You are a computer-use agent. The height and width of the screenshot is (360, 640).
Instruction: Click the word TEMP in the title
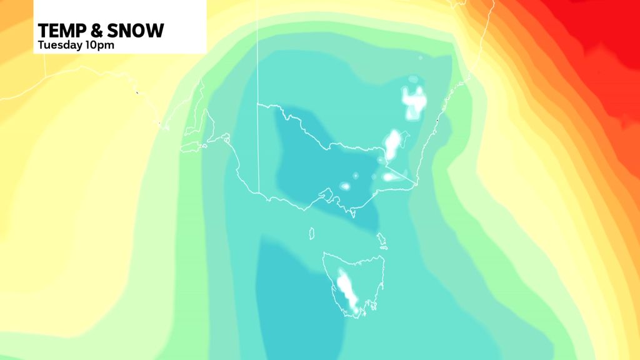(61, 30)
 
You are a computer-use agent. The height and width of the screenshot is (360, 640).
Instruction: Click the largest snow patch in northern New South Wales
(414, 100)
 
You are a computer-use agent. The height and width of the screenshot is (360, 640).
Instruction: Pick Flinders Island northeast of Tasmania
(381, 239)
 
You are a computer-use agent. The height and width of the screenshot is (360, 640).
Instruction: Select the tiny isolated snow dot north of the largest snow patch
(420, 58)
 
